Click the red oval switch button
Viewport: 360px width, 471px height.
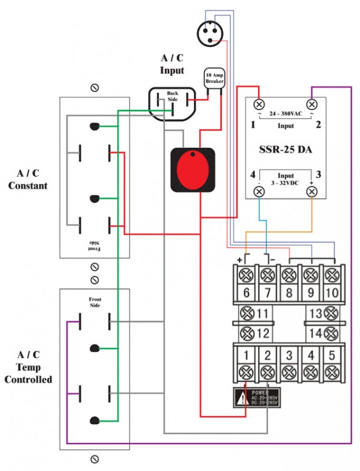(x=193, y=170)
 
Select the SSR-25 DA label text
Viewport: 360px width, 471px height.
(x=286, y=150)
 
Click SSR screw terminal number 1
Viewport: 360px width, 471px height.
(x=259, y=104)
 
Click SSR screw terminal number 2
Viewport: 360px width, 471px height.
(x=312, y=104)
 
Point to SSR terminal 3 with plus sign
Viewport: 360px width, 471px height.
(x=312, y=191)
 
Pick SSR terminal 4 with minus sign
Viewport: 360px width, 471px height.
(x=259, y=191)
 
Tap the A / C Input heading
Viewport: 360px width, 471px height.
(x=172, y=64)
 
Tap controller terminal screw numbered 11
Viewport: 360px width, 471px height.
(x=246, y=313)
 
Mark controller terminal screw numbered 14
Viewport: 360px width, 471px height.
(x=332, y=333)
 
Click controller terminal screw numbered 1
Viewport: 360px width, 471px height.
(x=246, y=372)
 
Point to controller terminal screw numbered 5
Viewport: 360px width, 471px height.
(x=332, y=372)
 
